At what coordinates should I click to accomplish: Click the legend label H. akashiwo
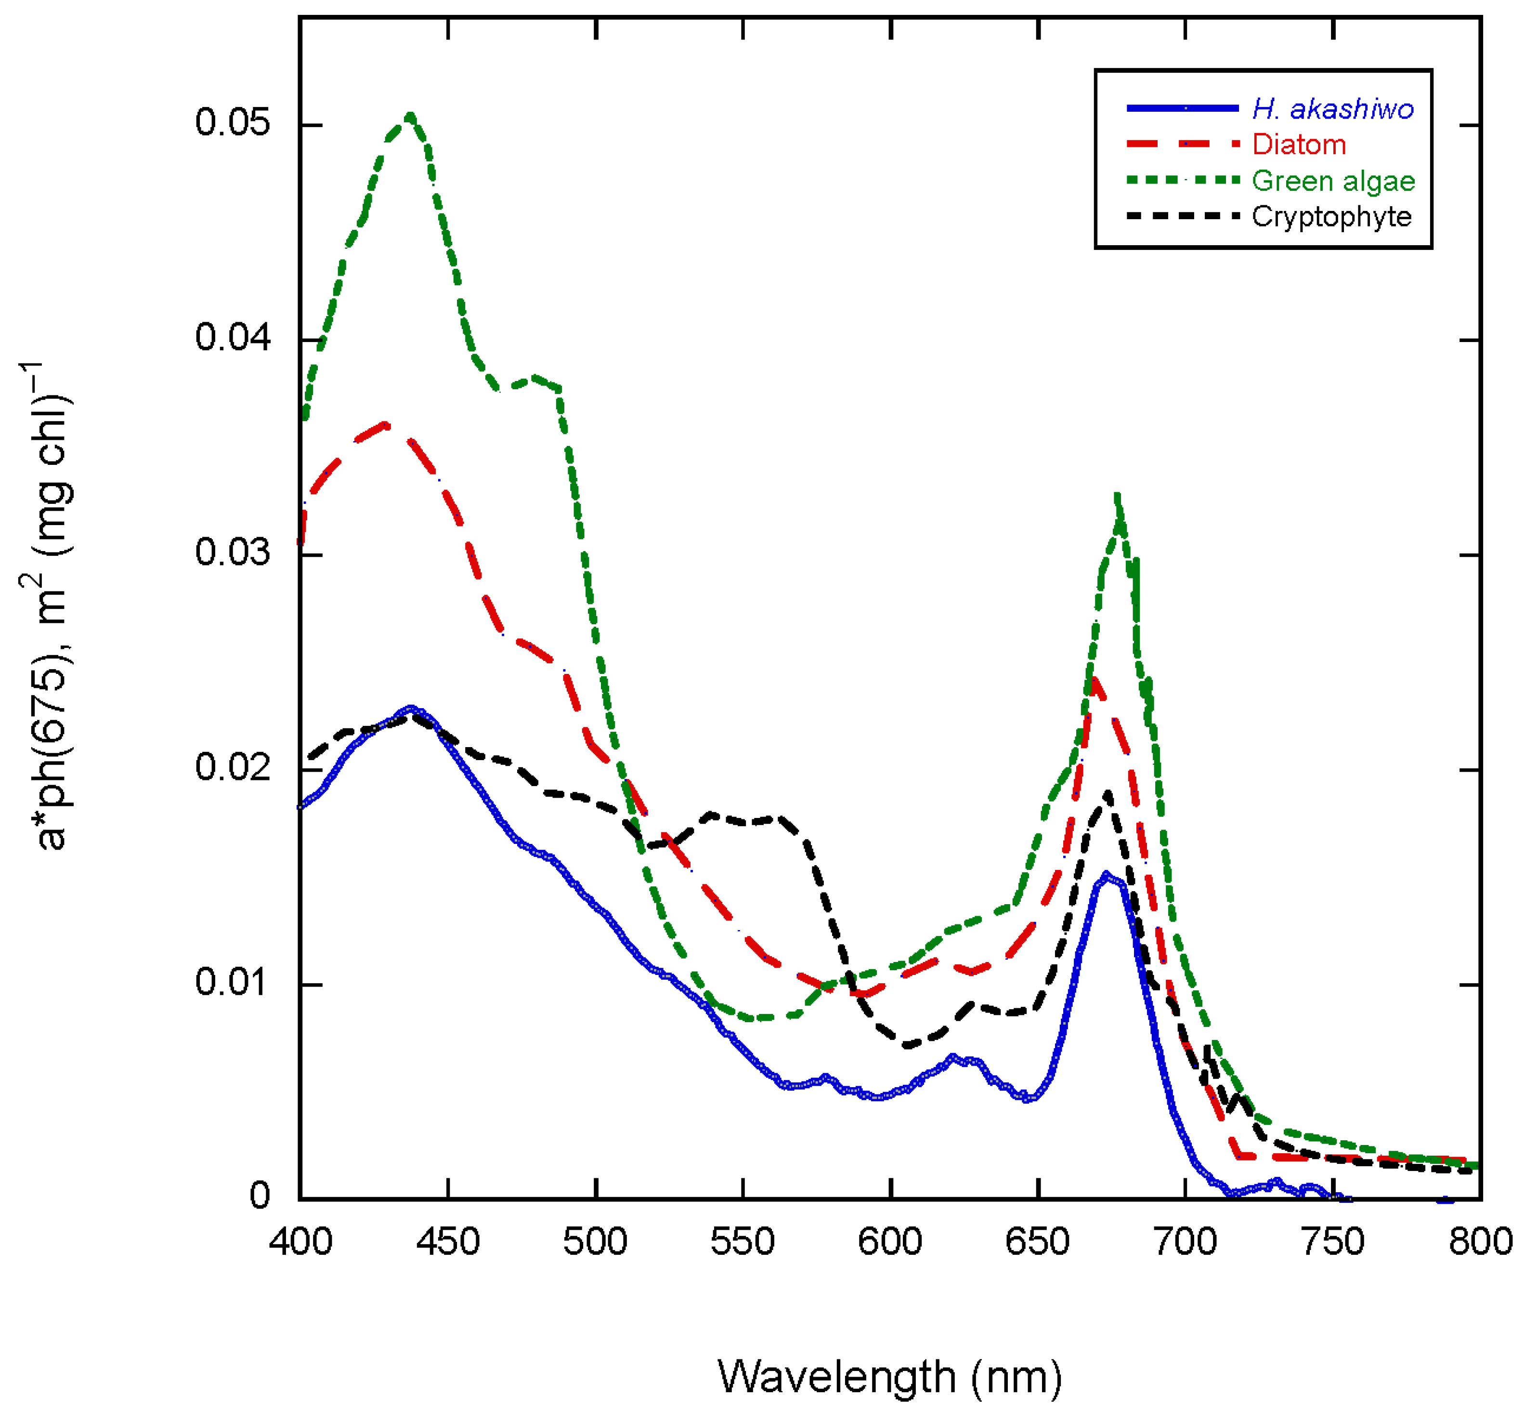coord(1332,110)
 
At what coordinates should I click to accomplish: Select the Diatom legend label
coord(1299,145)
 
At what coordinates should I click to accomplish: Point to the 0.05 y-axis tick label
coord(233,123)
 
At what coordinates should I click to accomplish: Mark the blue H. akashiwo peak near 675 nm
coord(1106,875)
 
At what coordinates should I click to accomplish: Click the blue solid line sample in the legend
coord(1182,109)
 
